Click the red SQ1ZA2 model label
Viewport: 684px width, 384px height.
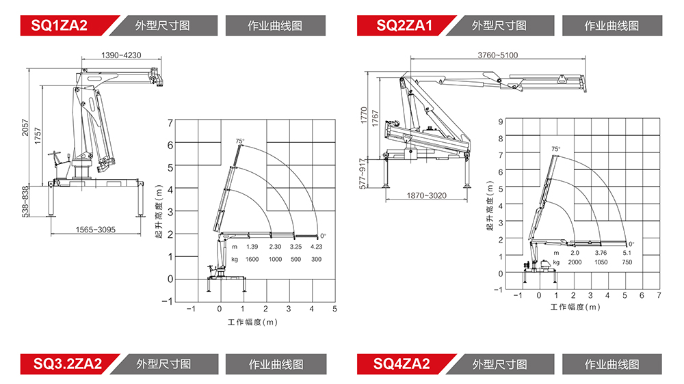tap(60, 25)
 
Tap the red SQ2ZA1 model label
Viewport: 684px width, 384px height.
tap(404, 25)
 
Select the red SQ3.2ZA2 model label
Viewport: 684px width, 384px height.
tap(68, 364)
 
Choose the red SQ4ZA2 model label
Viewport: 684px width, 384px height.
tap(402, 364)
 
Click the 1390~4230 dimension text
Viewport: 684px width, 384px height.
tap(121, 55)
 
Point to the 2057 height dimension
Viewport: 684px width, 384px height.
tap(25, 127)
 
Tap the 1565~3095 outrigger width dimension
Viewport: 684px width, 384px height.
tap(96, 230)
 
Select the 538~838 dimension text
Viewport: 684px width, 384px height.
tap(25, 202)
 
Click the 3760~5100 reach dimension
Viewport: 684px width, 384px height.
tap(498, 55)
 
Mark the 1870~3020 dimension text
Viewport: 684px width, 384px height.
tap(427, 195)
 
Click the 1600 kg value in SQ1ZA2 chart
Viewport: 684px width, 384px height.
tap(252, 260)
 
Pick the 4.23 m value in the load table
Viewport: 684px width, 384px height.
tap(316, 247)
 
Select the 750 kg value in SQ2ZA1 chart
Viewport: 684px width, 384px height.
tap(627, 262)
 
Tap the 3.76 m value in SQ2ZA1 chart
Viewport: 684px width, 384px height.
tap(601, 253)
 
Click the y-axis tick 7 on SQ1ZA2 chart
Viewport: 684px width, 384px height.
tap(170, 124)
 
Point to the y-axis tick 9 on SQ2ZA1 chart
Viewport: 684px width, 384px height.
tap(501, 122)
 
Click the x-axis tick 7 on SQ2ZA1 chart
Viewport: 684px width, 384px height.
tap(659, 296)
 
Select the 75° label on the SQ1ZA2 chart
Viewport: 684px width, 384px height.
tap(240, 141)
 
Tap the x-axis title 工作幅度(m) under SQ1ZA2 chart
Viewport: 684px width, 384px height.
tap(252, 322)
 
